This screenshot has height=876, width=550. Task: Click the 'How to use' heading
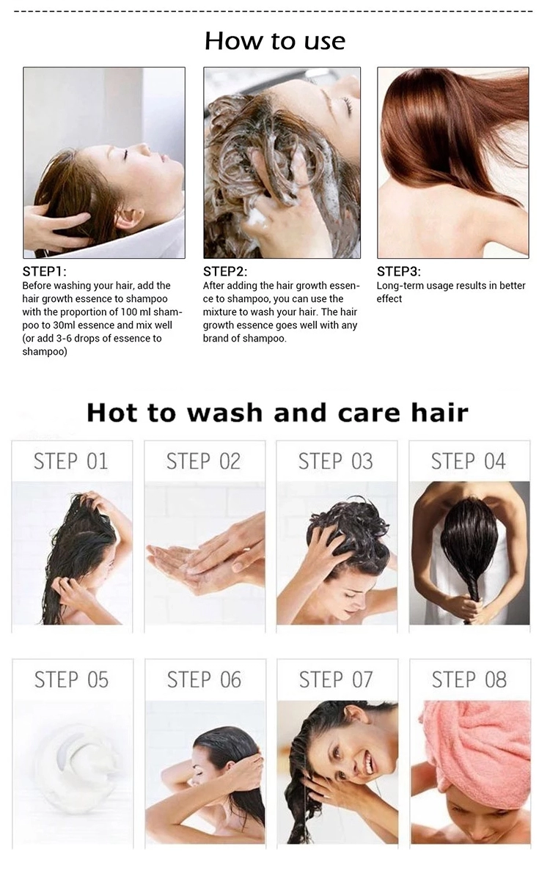[x=274, y=41]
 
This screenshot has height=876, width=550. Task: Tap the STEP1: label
[x=44, y=271]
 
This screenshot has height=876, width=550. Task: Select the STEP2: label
[x=224, y=271]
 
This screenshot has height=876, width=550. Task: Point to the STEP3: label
[x=398, y=271]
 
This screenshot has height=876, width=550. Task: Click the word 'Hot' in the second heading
[x=111, y=413]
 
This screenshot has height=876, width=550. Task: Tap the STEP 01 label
[x=71, y=462]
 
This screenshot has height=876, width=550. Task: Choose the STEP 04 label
[x=469, y=462]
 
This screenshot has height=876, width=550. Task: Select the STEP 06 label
[x=204, y=680]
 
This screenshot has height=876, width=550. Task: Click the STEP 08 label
[x=469, y=680]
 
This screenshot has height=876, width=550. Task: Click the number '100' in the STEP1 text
[x=130, y=312]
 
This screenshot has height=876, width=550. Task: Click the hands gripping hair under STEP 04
[x=469, y=607]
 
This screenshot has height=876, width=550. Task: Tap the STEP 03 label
[x=335, y=462]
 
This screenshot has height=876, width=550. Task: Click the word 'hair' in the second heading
[x=439, y=413]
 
